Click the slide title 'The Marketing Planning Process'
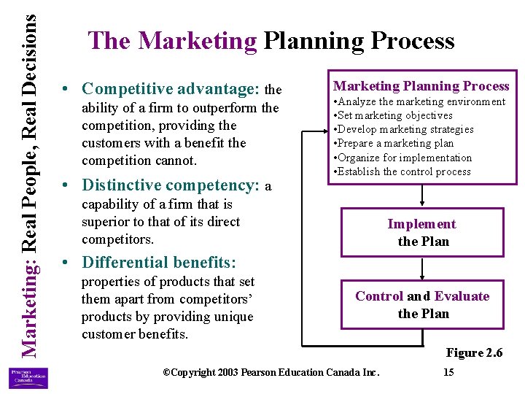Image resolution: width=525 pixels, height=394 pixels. tap(271, 41)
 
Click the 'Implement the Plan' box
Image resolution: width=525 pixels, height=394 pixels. tap(422, 233)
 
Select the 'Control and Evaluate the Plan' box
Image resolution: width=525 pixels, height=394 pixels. tap(422, 305)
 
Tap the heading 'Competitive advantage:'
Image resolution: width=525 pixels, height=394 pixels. tap(171, 89)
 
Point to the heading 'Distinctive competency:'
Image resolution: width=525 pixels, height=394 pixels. tap(171, 185)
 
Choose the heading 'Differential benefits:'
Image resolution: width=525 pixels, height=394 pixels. tap(159, 262)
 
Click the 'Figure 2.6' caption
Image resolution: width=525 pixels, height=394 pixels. tap(474, 353)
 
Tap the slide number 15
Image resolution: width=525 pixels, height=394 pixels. tap(448, 373)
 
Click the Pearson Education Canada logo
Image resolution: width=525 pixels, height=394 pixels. tap(28, 377)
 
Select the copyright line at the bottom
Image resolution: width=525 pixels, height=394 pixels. tap(271, 373)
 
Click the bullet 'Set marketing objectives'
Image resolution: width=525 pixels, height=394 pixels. tap(393, 115)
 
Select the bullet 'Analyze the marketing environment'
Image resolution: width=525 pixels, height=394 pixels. tap(419, 101)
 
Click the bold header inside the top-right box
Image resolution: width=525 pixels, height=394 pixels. tap(421, 86)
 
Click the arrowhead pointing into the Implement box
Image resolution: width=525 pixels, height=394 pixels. tap(422, 204)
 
